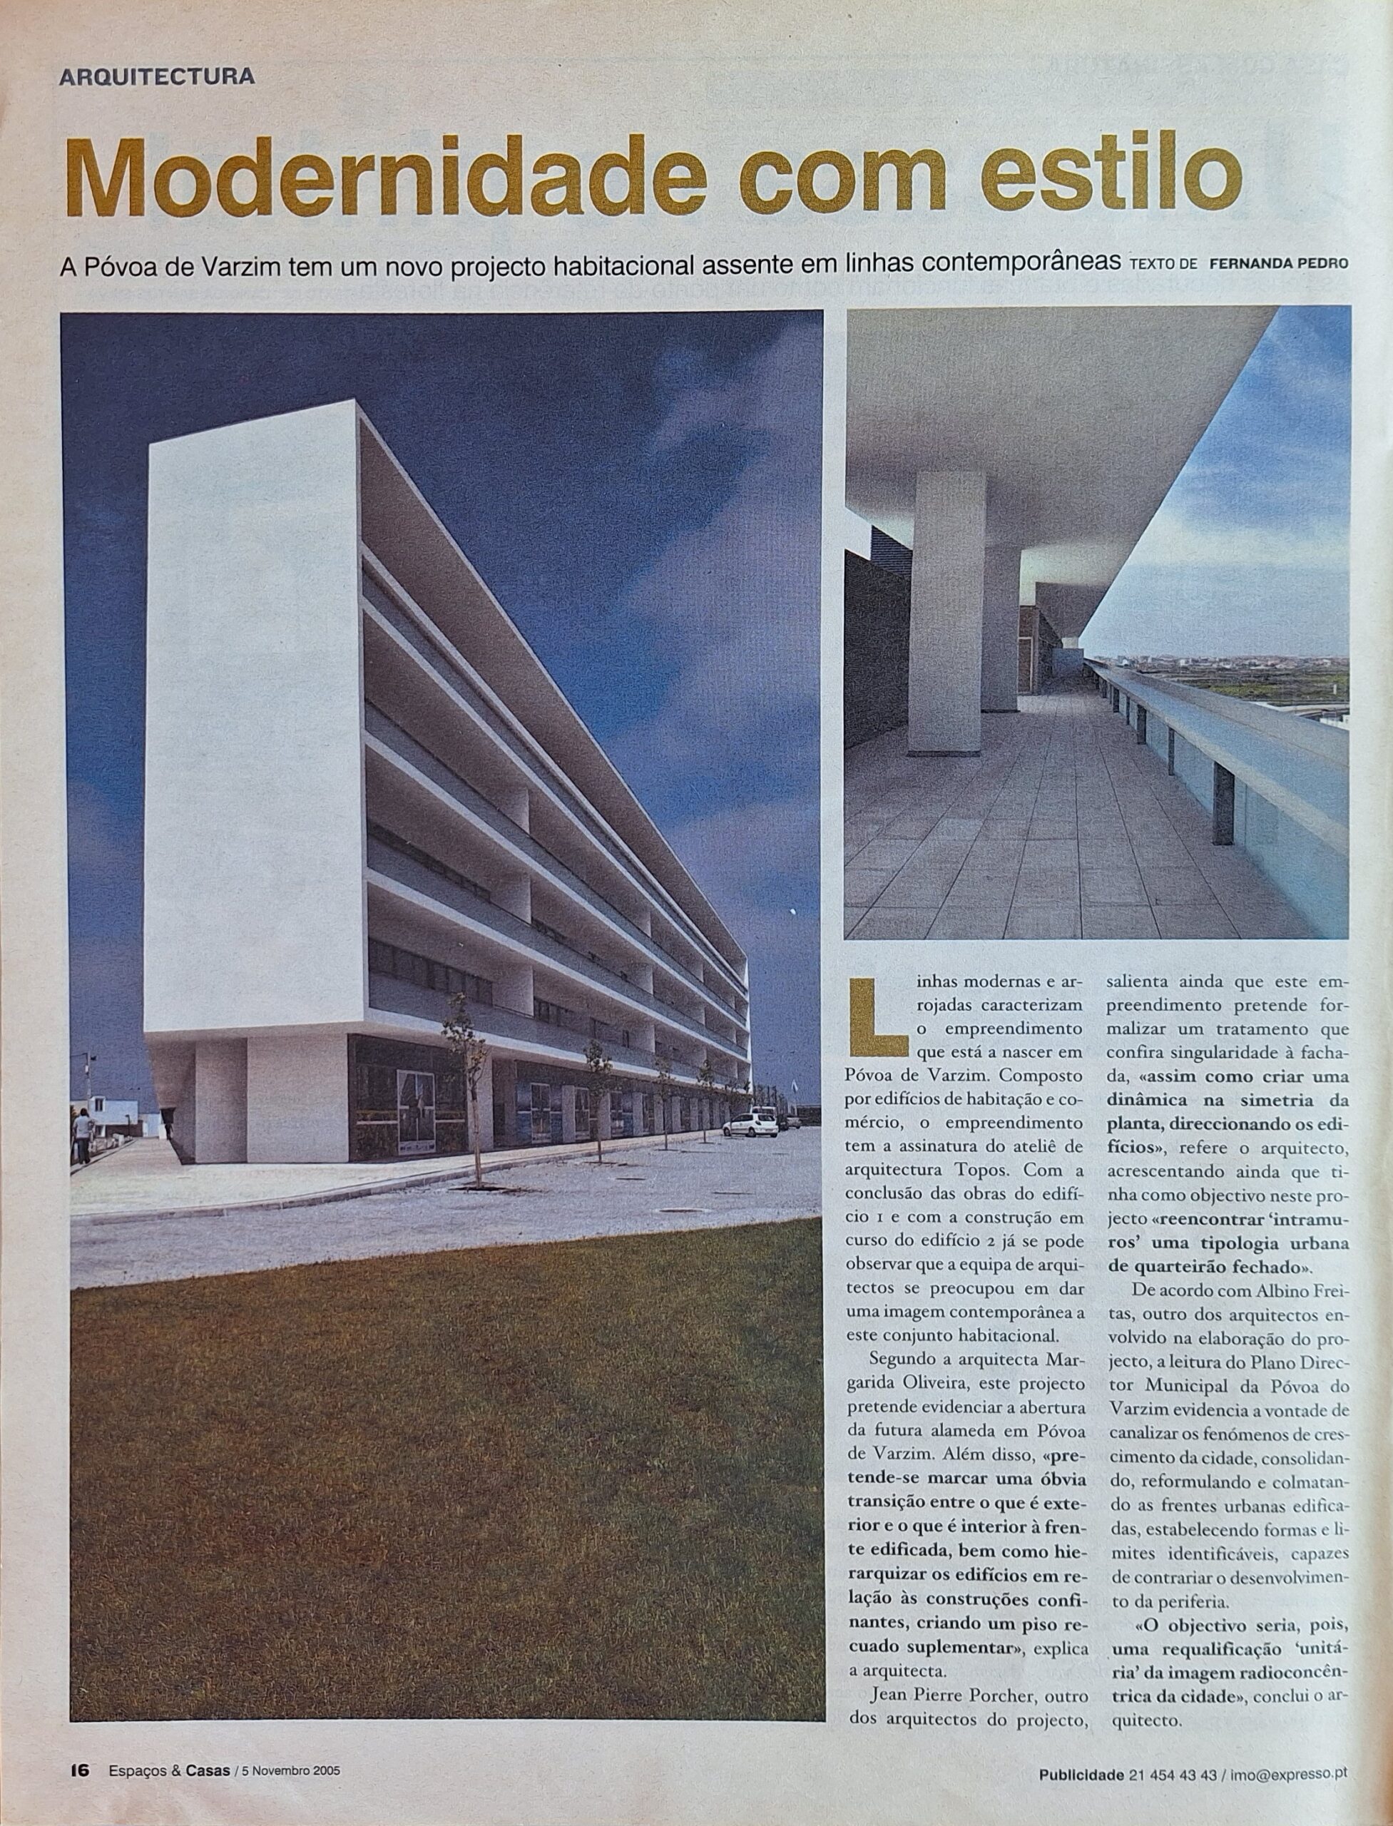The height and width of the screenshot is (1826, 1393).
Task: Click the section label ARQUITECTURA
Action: click(158, 77)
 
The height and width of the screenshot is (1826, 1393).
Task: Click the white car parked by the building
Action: click(750, 1123)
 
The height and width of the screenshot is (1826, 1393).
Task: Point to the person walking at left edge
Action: click(83, 1136)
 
